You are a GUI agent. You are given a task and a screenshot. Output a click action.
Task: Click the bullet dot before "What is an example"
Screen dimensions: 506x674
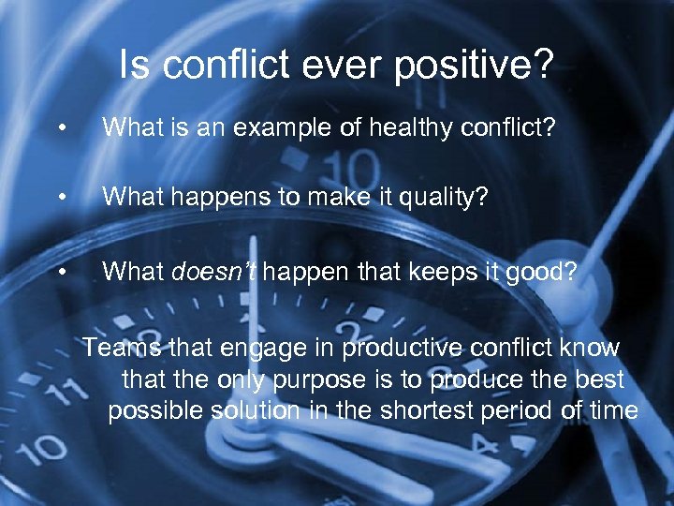61,126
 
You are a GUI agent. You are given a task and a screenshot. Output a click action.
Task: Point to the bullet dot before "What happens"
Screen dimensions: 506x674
61,198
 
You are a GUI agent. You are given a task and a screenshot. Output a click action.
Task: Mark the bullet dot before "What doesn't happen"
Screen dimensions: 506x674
61,273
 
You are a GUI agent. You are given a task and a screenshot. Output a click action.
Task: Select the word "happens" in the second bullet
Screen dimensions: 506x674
216,196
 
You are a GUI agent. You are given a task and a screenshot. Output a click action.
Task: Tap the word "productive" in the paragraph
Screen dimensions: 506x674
406,348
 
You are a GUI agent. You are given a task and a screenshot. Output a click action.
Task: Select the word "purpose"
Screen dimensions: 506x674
316,380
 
